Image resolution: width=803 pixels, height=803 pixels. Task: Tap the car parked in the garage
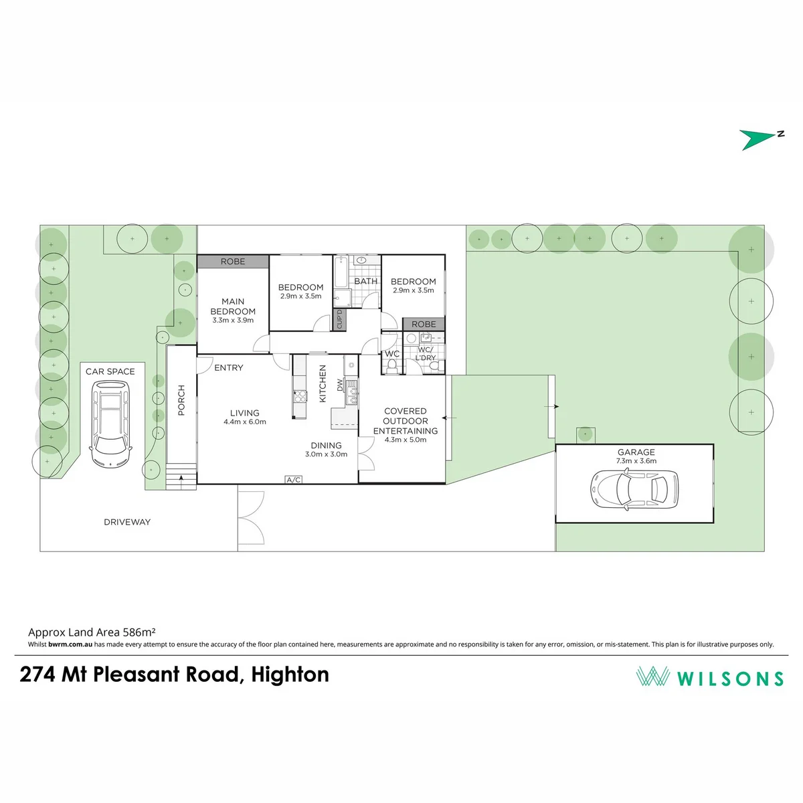point(634,488)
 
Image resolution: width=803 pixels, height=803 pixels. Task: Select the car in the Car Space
point(110,424)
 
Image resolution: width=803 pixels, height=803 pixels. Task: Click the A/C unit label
point(293,480)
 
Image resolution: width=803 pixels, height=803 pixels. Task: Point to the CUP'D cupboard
point(339,319)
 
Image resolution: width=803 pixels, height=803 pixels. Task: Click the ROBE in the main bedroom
point(232,261)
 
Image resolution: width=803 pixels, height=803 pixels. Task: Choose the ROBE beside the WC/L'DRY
point(424,324)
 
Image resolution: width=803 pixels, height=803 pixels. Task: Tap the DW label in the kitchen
point(340,385)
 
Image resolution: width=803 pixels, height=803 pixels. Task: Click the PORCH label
point(181,400)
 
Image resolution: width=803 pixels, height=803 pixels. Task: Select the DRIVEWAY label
point(127,522)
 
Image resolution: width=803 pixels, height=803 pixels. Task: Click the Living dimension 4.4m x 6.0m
point(245,422)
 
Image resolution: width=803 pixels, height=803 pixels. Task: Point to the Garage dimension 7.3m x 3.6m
point(636,461)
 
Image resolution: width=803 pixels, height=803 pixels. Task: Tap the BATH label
point(365,281)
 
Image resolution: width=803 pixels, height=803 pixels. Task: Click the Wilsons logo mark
point(652,676)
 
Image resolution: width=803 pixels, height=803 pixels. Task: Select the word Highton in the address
point(290,675)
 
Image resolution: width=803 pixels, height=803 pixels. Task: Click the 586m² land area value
point(139,632)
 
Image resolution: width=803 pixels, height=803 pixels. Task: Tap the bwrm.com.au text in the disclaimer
point(70,644)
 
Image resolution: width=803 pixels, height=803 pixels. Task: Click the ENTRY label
point(229,367)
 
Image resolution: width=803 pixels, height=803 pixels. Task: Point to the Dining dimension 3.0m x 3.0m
point(327,454)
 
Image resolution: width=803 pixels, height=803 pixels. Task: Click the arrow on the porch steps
point(181,482)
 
